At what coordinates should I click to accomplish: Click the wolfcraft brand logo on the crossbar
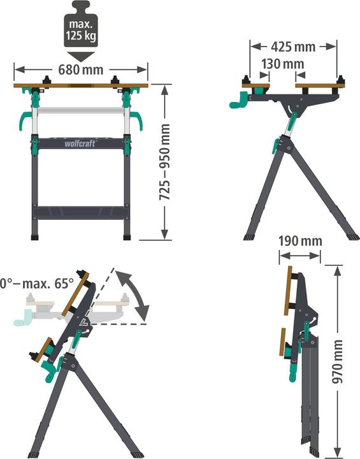click(x=80, y=143)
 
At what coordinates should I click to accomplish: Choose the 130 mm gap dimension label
click(x=282, y=64)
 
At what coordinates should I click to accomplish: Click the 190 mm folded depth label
click(x=299, y=242)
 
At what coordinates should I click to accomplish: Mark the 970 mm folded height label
click(x=338, y=360)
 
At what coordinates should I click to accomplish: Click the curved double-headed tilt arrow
click(x=138, y=293)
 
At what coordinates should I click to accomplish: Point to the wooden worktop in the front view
click(x=80, y=85)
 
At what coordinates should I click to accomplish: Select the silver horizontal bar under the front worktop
click(x=80, y=111)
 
